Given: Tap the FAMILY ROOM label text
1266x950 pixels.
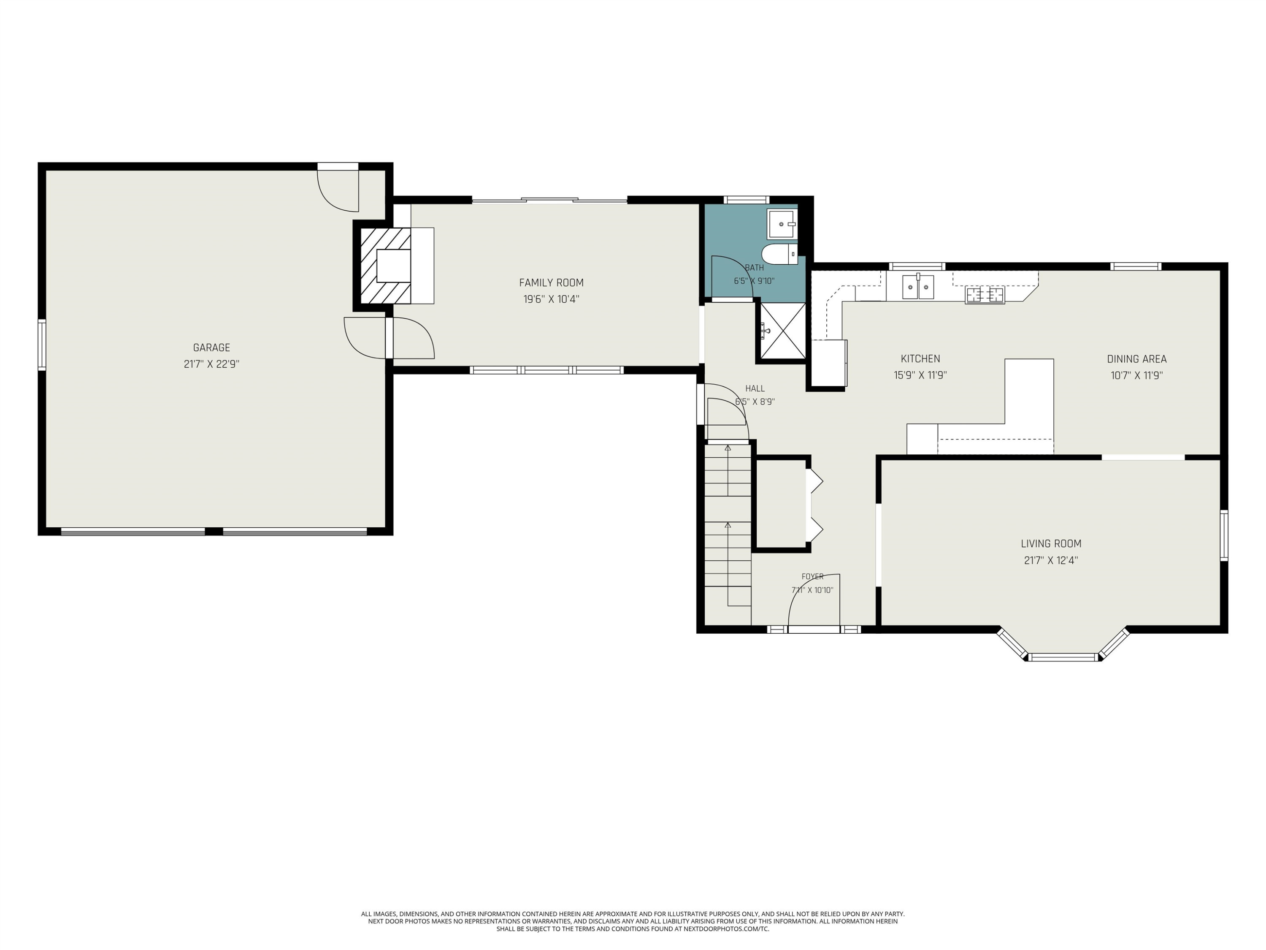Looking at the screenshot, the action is point(551,283).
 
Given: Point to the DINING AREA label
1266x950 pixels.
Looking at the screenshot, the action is point(1136,359).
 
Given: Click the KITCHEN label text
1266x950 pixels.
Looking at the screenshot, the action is point(920,359).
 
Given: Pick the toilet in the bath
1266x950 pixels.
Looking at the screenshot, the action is point(779,254).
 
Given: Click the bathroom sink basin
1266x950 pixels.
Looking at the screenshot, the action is point(782,224).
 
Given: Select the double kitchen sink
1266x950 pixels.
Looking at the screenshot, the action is point(918,287).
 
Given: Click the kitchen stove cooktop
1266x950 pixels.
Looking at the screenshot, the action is point(985,295).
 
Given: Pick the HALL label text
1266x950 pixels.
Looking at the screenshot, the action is point(755,389).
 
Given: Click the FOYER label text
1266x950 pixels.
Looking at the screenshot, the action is point(812,577).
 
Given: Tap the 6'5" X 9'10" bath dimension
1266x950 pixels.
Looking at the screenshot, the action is point(755,281).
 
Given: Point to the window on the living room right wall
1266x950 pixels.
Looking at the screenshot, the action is point(1224,535).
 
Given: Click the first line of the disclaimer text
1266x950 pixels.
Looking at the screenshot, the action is point(633,914).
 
